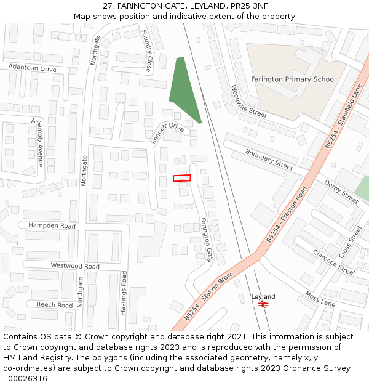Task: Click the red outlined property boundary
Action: pyautogui.click(x=181, y=178)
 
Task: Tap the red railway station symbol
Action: pyautogui.click(x=264, y=304)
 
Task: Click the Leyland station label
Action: pyautogui.click(x=263, y=297)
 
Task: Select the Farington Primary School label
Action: pyautogui.click(x=293, y=79)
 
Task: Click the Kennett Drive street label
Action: pyautogui.click(x=167, y=132)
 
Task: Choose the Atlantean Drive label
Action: pyautogui.click(x=32, y=68)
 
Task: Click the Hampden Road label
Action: pyautogui.click(x=52, y=226)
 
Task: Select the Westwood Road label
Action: pyautogui.click(x=75, y=266)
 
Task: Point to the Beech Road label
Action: pyautogui.click(x=54, y=305)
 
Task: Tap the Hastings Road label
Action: pyautogui.click(x=123, y=293)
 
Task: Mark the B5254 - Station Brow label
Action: pyautogui.click(x=208, y=296)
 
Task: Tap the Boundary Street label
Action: pyautogui.click(x=269, y=160)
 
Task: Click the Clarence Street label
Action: pyautogui.click(x=334, y=262)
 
